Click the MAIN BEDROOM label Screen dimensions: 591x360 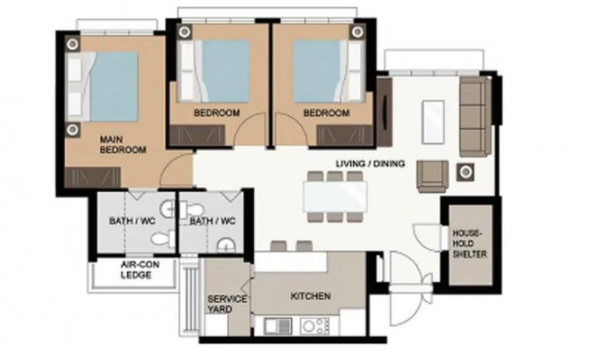(123, 145)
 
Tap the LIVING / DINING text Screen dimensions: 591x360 (370, 163)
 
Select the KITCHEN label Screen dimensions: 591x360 (310, 296)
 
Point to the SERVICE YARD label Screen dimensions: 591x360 (227, 305)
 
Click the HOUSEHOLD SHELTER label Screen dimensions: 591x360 (470, 243)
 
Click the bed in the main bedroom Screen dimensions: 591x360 (102, 86)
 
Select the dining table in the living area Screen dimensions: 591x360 (335, 196)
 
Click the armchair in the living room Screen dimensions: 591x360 (432, 177)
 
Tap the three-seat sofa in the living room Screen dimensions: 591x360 (475, 117)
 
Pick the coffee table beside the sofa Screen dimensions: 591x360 (433, 122)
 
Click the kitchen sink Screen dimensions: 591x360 (278, 326)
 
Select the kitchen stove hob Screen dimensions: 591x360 (315, 326)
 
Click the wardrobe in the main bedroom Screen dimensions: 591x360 (93, 177)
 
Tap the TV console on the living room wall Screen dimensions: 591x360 (384, 112)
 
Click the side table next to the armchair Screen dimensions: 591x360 (465, 172)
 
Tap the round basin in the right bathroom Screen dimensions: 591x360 (226, 245)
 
